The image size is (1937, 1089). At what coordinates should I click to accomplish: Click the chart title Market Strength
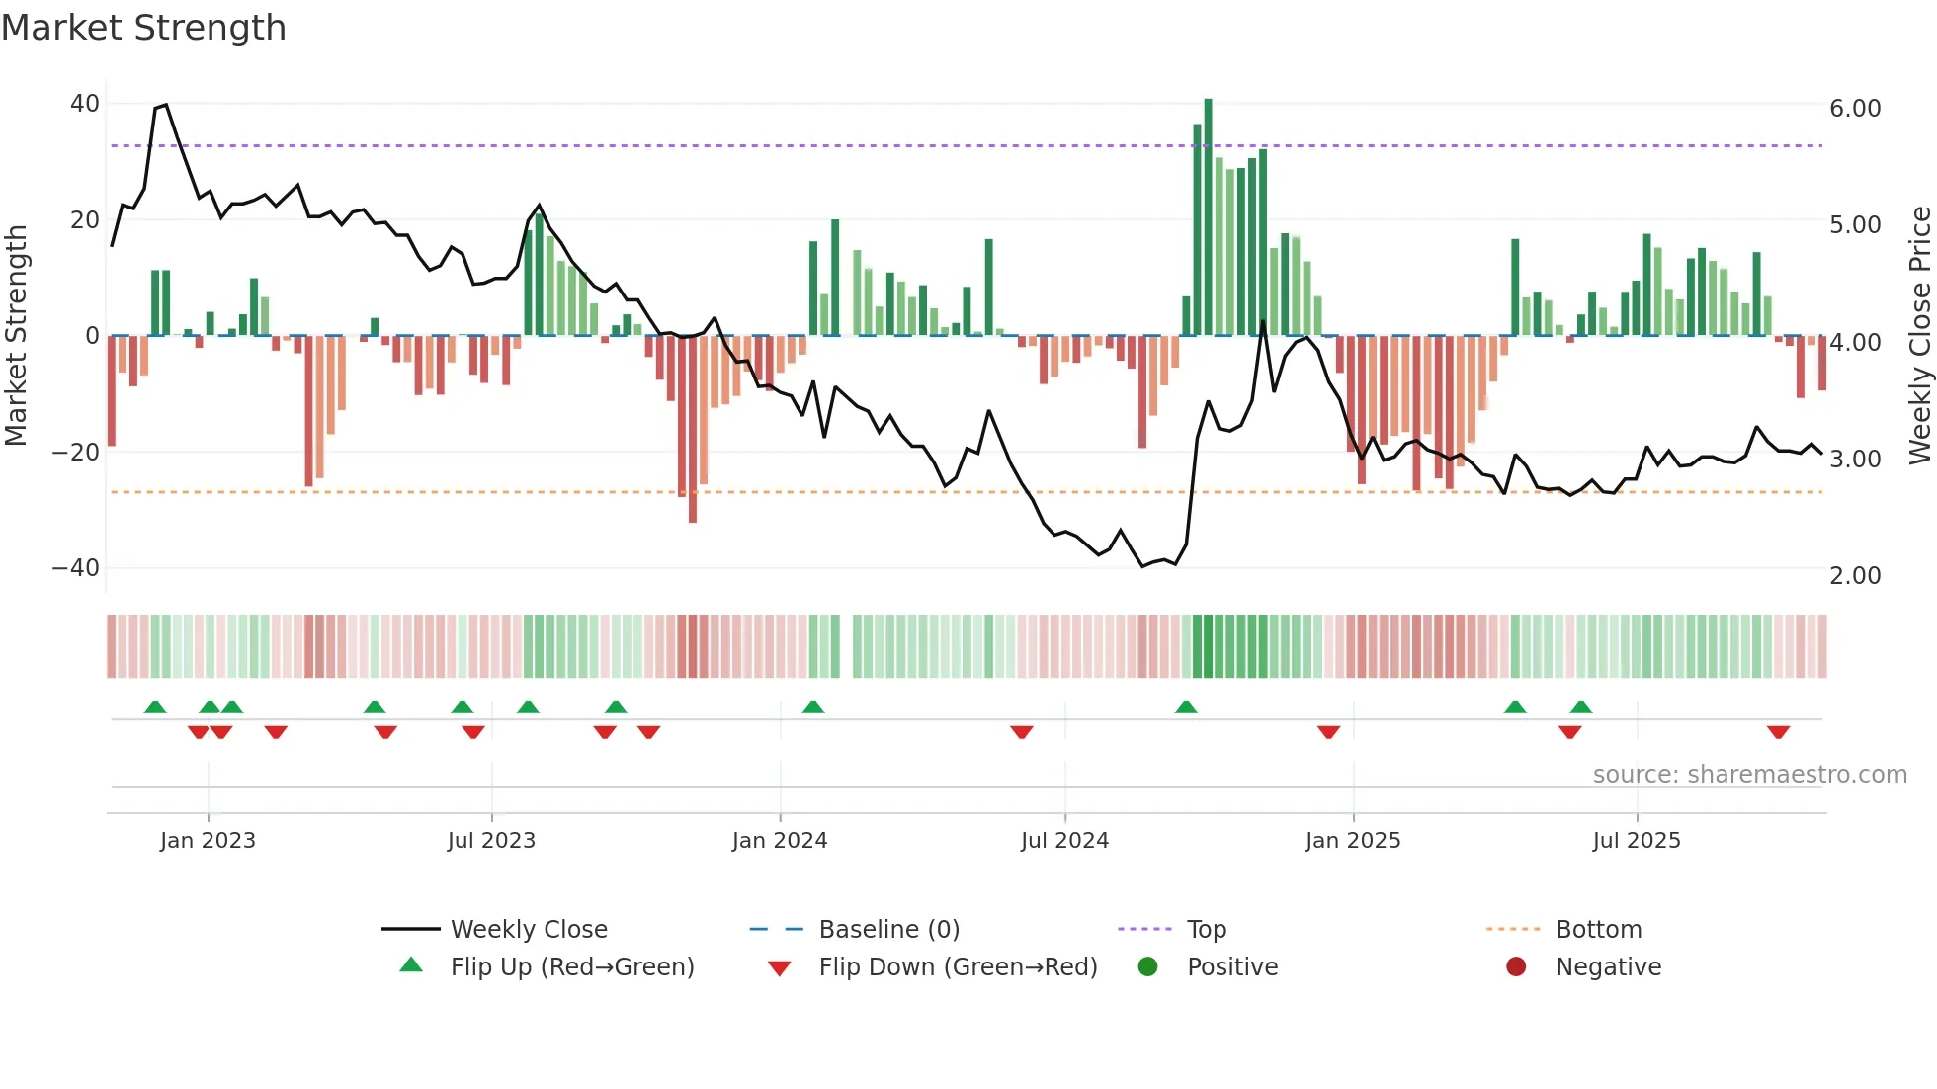(x=143, y=28)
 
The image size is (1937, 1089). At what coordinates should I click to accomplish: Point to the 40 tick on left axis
(x=85, y=104)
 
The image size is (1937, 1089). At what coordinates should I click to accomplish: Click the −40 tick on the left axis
(x=76, y=568)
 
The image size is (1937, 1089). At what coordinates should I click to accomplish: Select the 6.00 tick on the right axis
(x=1855, y=109)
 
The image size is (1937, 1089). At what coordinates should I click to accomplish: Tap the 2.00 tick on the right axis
(x=1855, y=576)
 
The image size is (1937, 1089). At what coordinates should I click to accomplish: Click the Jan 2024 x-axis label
(x=780, y=841)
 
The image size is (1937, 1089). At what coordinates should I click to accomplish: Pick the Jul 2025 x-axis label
(x=1637, y=841)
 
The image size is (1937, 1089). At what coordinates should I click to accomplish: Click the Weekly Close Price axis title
(x=1919, y=336)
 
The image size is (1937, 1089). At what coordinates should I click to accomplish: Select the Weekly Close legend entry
(x=529, y=930)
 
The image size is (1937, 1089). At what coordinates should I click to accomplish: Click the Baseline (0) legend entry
(x=888, y=930)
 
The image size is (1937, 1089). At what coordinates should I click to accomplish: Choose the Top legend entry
(x=1207, y=930)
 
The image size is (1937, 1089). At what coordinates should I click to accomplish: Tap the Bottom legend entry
(x=1598, y=930)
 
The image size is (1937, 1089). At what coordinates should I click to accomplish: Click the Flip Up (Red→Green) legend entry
(x=572, y=967)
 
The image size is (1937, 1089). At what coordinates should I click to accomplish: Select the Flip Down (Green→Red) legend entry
(x=958, y=967)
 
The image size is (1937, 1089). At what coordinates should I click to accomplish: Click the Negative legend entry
(x=1608, y=967)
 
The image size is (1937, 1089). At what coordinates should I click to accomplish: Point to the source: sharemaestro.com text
(x=1749, y=775)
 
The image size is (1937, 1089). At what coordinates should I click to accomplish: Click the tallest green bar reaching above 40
(x=1208, y=217)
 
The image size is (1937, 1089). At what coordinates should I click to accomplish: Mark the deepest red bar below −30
(x=693, y=430)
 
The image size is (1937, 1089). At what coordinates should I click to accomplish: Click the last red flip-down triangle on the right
(x=1779, y=732)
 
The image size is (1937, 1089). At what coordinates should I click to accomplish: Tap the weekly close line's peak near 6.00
(x=165, y=105)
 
